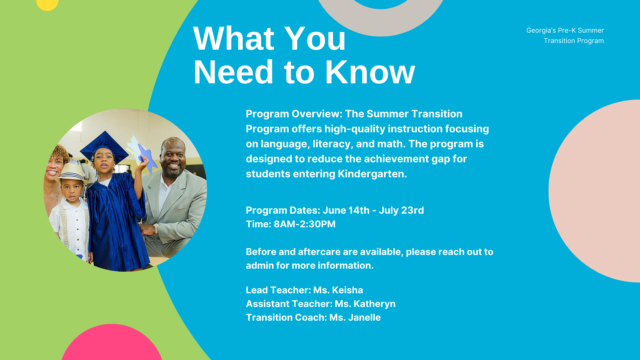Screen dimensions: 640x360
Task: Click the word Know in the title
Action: click(x=370, y=72)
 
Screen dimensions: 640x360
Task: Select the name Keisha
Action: click(x=347, y=290)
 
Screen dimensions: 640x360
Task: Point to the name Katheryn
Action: click(x=374, y=304)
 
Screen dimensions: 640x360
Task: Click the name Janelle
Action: click(x=364, y=317)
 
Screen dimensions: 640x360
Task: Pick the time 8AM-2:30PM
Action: click(x=304, y=224)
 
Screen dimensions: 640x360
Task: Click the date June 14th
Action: click(x=346, y=210)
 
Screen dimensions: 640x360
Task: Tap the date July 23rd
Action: click(x=401, y=210)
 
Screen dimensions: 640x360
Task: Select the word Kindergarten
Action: click(x=372, y=174)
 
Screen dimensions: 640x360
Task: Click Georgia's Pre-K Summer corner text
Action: click(x=565, y=30)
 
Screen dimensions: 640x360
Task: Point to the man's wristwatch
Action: click(x=156, y=229)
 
